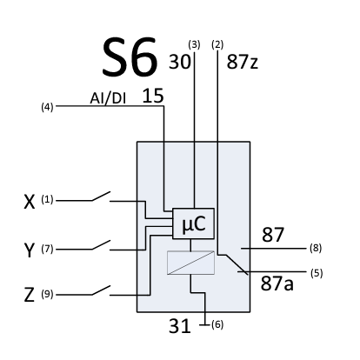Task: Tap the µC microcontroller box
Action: tap(193, 223)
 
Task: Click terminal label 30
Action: tap(180, 62)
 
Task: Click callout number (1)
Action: tap(48, 201)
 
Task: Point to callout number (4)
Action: tap(49, 108)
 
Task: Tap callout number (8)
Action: tap(315, 248)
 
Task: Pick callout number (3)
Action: tap(194, 43)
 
